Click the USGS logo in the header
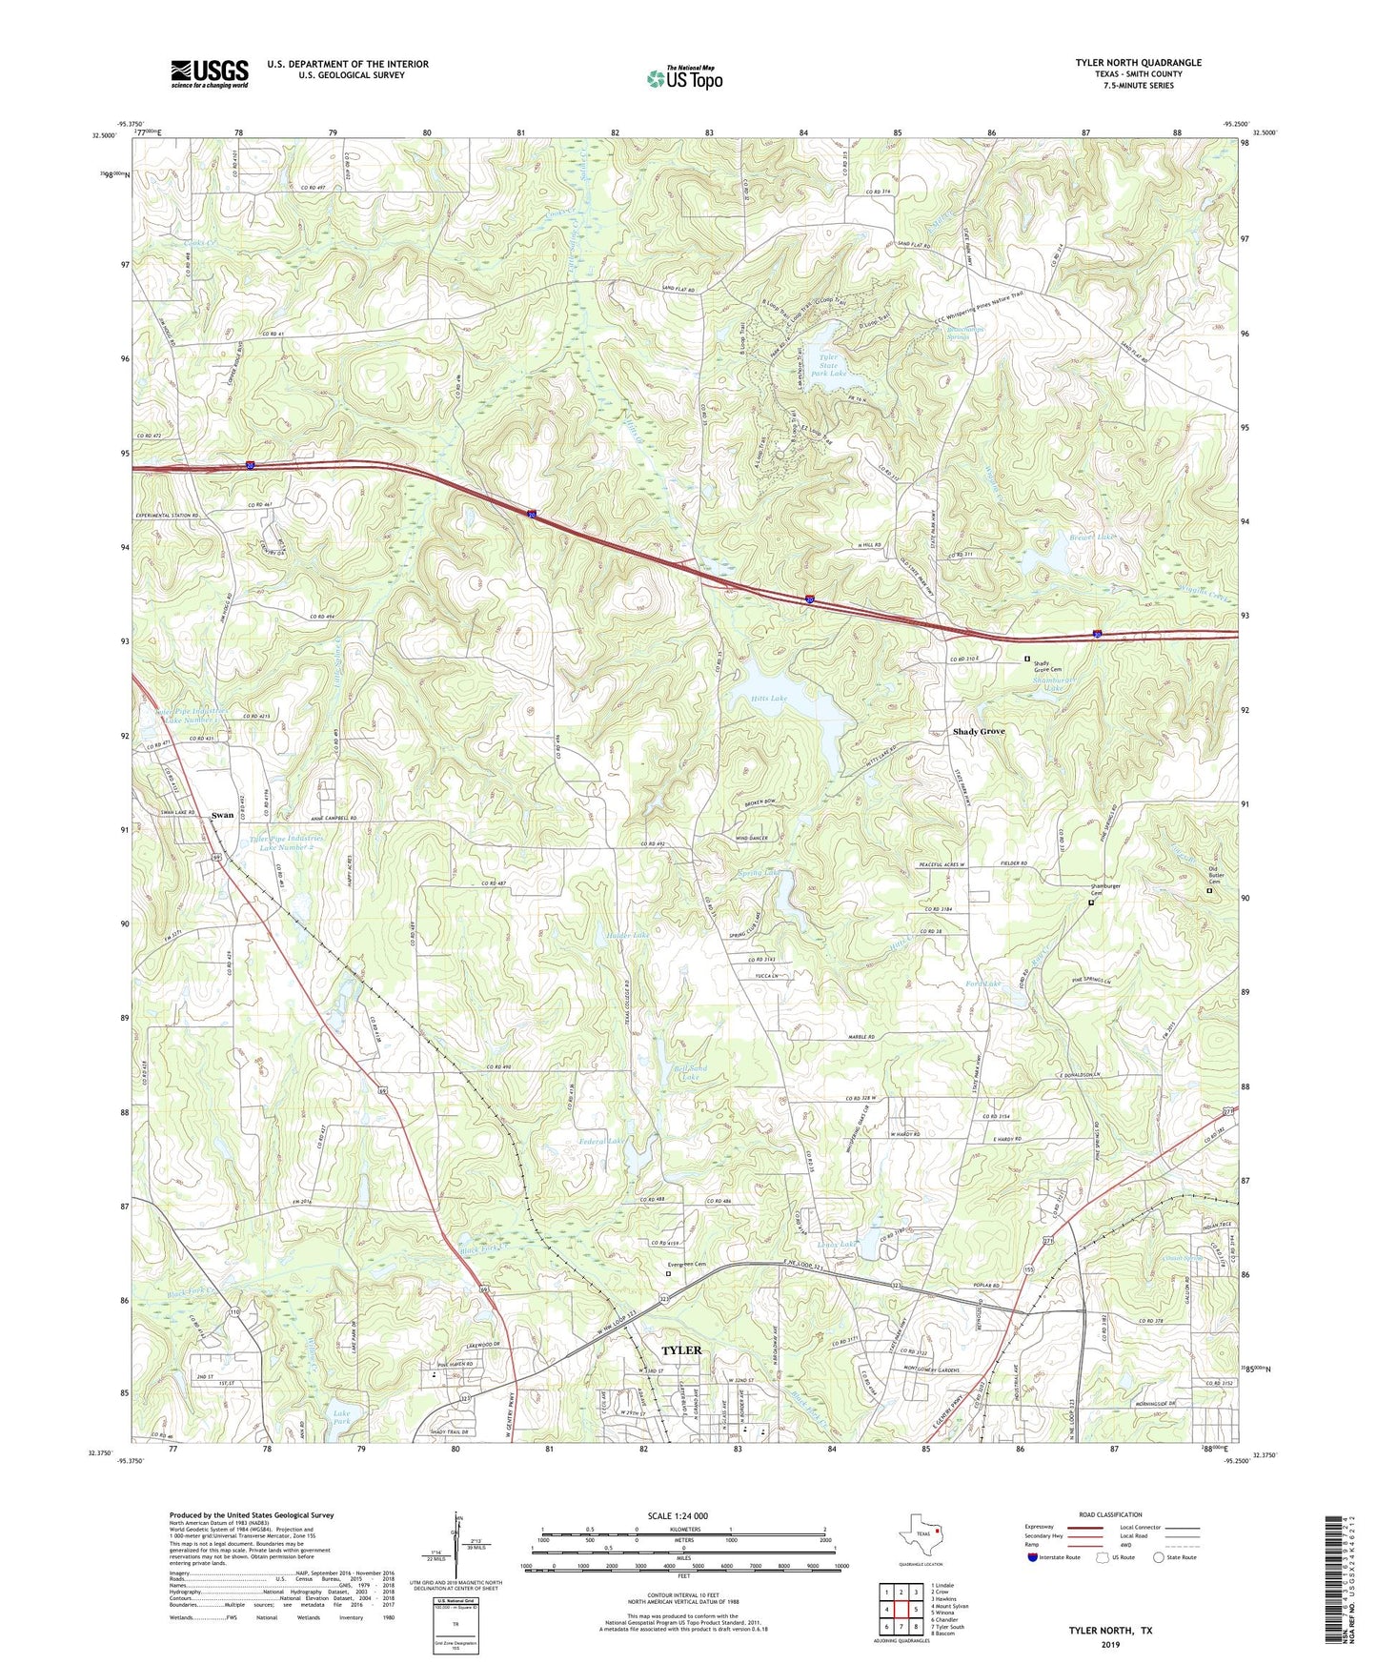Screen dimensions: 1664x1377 tap(210, 73)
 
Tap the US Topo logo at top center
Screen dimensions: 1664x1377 tap(683, 79)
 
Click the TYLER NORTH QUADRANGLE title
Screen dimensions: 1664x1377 tap(1138, 63)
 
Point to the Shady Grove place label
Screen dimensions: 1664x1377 tap(979, 732)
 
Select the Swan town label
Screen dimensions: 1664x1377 tap(222, 815)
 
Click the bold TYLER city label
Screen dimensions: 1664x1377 tap(681, 1350)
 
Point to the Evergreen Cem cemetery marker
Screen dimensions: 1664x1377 tap(668, 1272)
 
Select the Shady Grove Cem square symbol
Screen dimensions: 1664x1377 tap(1027, 659)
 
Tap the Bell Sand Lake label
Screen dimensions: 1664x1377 tap(691, 1073)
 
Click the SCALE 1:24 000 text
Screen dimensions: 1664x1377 tap(678, 1516)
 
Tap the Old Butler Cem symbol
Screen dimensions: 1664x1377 tap(1210, 891)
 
